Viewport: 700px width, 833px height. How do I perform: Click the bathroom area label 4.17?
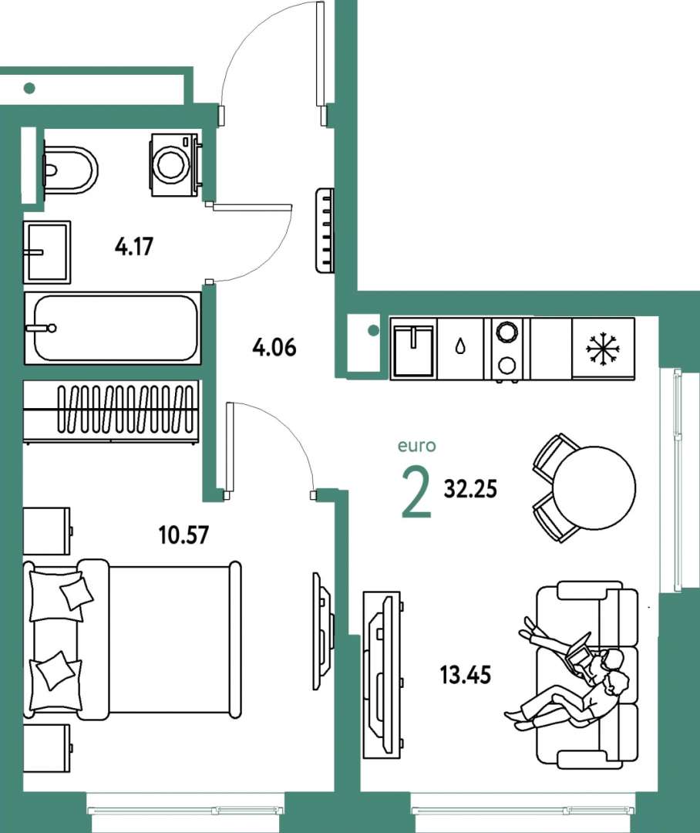(134, 247)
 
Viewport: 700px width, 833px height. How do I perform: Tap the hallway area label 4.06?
(274, 347)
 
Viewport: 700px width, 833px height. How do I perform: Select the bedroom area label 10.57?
(183, 535)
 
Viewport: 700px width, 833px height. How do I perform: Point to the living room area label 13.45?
(465, 675)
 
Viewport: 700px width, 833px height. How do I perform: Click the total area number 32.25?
(470, 489)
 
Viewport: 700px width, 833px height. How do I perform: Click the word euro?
(417, 446)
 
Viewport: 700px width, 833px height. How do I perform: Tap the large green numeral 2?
(416, 491)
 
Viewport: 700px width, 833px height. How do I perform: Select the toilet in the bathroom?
(70, 170)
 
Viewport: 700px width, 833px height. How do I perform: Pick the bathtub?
(113, 328)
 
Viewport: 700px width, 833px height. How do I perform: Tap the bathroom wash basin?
(47, 252)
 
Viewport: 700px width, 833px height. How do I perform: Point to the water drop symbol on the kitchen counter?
(460, 347)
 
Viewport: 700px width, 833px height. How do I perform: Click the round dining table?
(594, 487)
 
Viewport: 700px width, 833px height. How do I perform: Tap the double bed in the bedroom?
(133, 638)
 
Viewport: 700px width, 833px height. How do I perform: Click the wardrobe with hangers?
(112, 410)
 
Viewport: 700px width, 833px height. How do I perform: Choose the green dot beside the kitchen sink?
(373, 330)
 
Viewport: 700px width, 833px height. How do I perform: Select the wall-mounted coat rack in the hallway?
(325, 231)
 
